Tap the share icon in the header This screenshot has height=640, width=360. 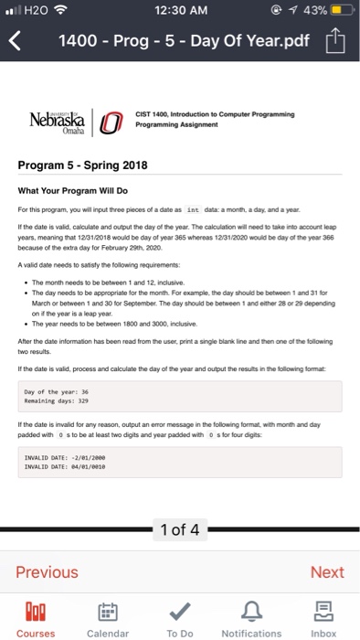[x=338, y=40]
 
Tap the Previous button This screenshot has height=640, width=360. [x=48, y=572]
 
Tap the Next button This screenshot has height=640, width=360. [x=325, y=572]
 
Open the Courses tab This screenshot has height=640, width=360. [x=36, y=619]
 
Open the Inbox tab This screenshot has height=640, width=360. [x=323, y=619]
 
